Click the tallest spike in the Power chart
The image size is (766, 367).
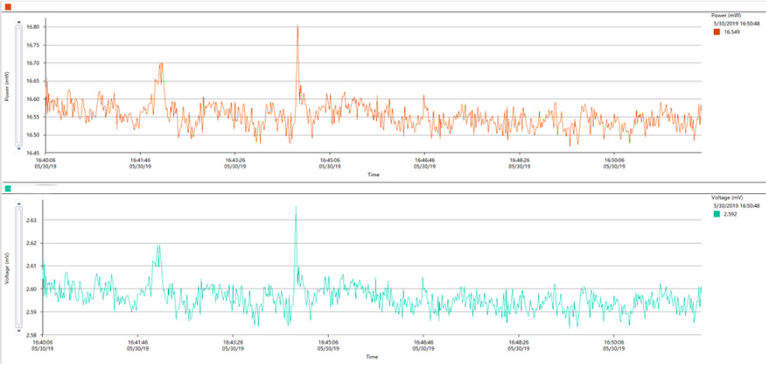point(298,26)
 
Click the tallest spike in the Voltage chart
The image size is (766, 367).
point(296,207)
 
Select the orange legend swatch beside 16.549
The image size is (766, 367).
point(716,33)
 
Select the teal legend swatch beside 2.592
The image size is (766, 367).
point(716,214)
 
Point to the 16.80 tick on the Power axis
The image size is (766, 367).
point(33,27)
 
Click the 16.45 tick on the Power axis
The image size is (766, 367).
point(33,153)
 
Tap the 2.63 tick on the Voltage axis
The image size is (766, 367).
point(32,220)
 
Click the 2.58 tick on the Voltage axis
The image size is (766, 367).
point(32,335)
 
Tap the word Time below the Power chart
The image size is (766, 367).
point(373,175)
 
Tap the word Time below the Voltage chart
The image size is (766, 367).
point(373,357)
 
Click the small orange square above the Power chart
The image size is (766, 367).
point(8,6)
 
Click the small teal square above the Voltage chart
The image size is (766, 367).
point(8,189)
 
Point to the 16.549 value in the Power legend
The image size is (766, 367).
point(732,33)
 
